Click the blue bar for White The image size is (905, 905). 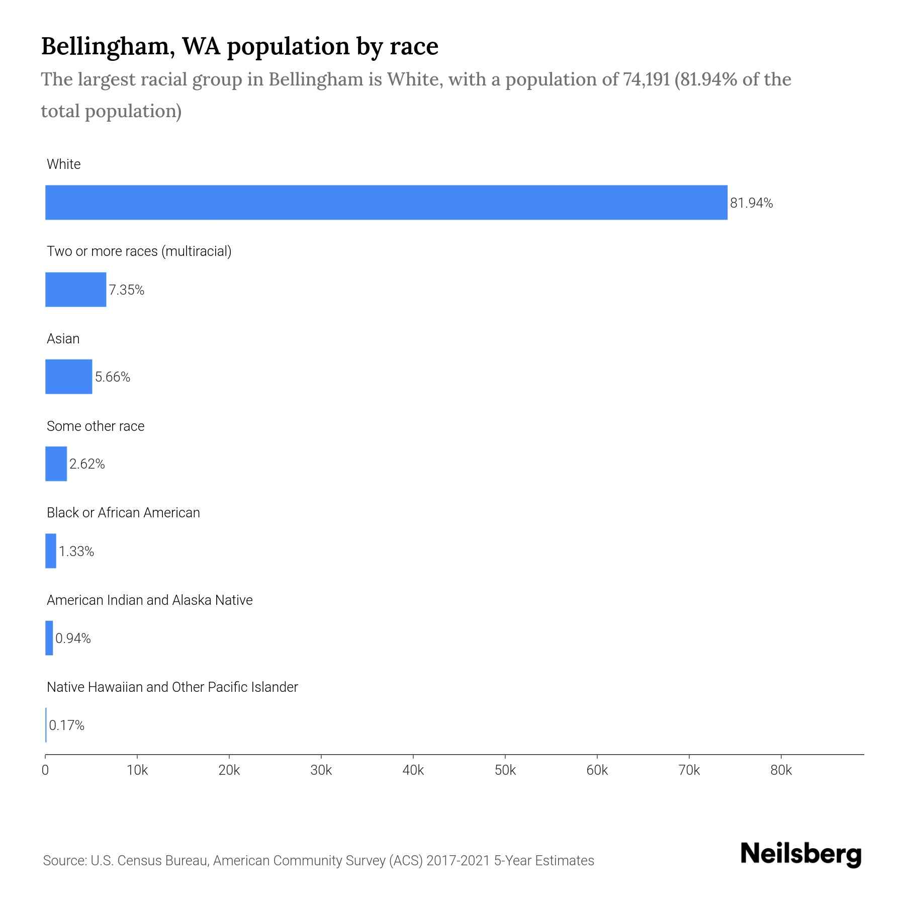coord(386,203)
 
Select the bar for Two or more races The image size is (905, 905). coord(75,290)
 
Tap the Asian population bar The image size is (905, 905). coord(68,377)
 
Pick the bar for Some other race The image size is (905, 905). coord(56,464)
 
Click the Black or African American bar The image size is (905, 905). coord(51,551)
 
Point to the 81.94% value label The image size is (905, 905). coord(751,203)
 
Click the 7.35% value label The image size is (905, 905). coord(127,290)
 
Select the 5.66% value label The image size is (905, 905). coord(113,377)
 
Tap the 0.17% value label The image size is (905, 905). coord(66,726)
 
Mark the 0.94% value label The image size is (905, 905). coord(73,639)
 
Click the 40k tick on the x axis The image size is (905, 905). coord(413,771)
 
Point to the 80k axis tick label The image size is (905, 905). coord(781,771)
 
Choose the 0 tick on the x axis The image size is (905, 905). coord(45,771)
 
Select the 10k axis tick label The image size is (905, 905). coord(137,771)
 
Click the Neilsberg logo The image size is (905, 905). coord(801,854)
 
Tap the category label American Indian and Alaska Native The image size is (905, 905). coord(149,600)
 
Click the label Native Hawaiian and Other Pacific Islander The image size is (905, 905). coord(172,687)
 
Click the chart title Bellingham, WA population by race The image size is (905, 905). coord(239,46)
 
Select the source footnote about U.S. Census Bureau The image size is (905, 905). coord(318,861)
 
